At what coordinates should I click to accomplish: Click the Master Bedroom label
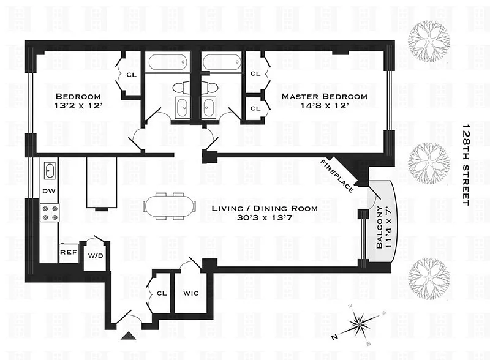(325, 96)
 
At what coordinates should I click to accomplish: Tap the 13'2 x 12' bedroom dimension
(78, 106)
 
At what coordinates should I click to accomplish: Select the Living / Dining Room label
(265, 208)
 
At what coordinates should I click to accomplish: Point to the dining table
(170, 206)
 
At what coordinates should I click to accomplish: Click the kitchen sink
(50, 171)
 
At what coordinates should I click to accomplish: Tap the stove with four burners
(50, 213)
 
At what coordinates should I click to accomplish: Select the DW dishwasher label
(49, 191)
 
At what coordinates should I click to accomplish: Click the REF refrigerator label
(69, 252)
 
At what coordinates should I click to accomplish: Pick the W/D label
(96, 256)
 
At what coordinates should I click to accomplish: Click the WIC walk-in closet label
(190, 293)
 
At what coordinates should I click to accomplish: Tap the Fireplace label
(337, 176)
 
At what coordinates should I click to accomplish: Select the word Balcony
(379, 227)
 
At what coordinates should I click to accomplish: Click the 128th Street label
(466, 165)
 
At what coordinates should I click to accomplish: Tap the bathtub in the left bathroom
(168, 62)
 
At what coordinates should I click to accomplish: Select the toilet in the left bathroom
(181, 88)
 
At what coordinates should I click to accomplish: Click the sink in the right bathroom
(208, 107)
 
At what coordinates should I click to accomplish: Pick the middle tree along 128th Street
(430, 163)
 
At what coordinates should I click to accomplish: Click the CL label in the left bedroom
(131, 75)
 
